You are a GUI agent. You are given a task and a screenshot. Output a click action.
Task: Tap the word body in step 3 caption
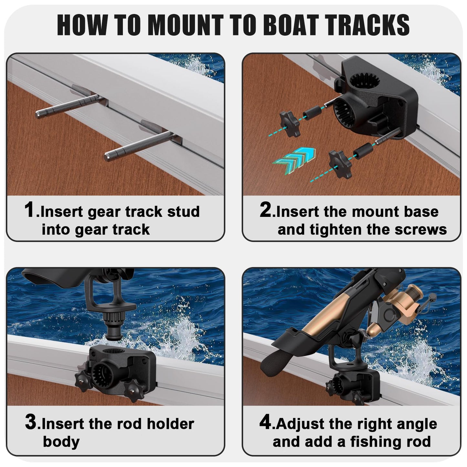(61, 441)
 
